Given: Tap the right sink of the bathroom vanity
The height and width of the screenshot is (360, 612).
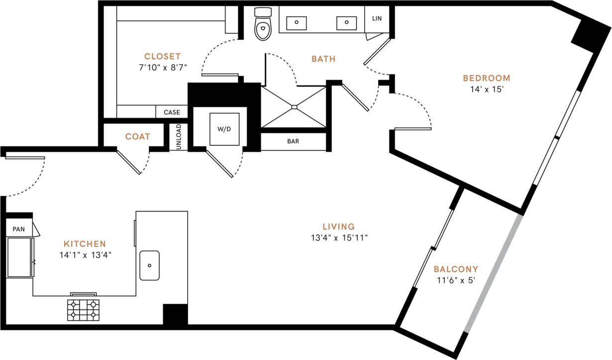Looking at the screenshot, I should click(347, 22).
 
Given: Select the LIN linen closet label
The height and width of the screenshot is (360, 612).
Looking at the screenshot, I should click(377, 18).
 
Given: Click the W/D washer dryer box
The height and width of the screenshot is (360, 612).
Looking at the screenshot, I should click(224, 129).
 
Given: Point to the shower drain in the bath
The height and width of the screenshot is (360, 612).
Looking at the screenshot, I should click(294, 106).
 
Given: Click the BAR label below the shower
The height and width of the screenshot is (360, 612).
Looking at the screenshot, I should click(293, 141).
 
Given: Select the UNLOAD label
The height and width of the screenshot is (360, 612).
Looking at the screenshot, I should click(179, 137).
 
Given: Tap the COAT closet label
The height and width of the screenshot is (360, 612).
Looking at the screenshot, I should click(138, 137).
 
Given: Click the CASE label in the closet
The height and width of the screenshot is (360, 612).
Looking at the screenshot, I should click(172, 112).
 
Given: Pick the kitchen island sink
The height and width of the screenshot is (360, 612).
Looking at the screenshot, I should click(149, 266).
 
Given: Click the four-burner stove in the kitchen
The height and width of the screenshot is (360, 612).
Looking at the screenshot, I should click(83, 310).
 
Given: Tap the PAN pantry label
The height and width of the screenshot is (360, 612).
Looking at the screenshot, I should click(19, 229).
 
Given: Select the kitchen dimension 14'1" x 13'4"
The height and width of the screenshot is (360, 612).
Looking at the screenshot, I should click(85, 255).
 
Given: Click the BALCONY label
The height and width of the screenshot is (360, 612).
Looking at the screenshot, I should click(456, 269).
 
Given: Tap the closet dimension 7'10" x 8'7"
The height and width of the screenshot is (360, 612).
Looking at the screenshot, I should click(163, 67).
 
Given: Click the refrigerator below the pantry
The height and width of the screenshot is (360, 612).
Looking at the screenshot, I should click(20, 258).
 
